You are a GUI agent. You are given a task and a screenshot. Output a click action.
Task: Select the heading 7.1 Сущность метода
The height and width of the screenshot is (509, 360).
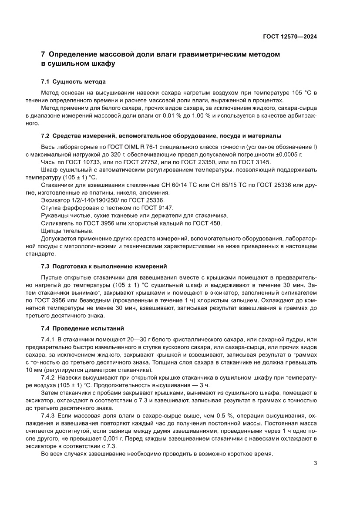click(73, 82)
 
